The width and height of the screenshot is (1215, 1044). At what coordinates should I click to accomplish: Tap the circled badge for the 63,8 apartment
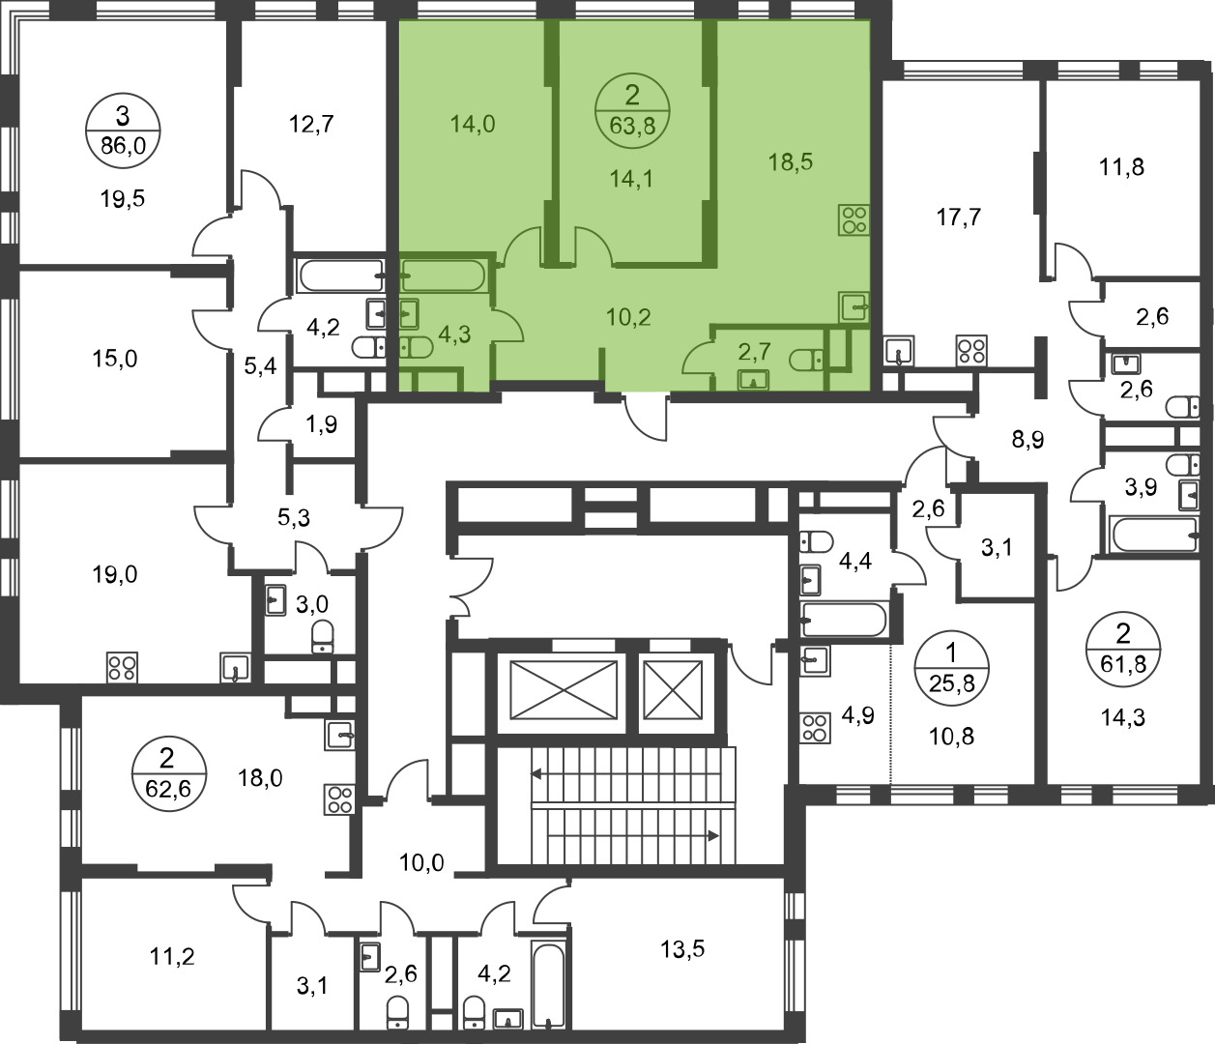pyautogui.click(x=632, y=110)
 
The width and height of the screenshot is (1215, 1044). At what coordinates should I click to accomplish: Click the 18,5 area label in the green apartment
pyautogui.click(x=791, y=161)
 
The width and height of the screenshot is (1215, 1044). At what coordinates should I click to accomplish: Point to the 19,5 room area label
pyautogui.click(x=122, y=199)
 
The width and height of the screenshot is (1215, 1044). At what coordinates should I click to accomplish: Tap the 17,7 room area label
pyautogui.click(x=959, y=217)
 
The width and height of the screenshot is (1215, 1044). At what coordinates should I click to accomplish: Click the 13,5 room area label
pyautogui.click(x=682, y=949)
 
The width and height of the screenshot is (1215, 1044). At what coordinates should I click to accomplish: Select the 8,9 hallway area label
pyautogui.click(x=1028, y=439)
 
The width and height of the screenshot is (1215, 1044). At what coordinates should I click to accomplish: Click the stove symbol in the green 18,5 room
pyautogui.click(x=853, y=219)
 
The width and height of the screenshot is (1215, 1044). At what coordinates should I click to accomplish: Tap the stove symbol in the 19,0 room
pyautogui.click(x=122, y=667)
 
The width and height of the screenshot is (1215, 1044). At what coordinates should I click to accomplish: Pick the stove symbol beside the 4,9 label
pyautogui.click(x=815, y=728)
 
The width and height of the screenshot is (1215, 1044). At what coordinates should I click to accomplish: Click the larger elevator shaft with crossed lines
pyautogui.click(x=564, y=689)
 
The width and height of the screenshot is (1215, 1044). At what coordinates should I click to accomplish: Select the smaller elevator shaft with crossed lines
pyautogui.click(x=673, y=689)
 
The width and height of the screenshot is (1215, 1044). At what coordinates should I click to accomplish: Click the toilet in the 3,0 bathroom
pyautogui.click(x=322, y=637)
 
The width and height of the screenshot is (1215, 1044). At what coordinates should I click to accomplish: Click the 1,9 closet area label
pyautogui.click(x=323, y=423)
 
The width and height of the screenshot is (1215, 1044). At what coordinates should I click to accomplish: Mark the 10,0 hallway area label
pyautogui.click(x=421, y=863)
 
